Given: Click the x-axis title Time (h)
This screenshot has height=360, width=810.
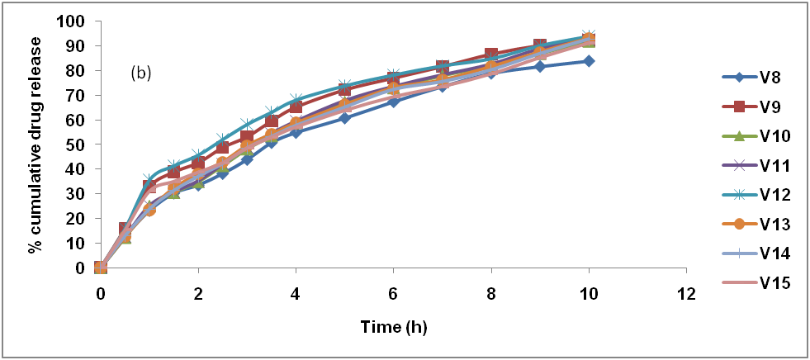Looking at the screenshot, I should click(393, 327).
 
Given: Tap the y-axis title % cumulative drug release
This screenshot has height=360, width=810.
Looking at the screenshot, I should click(36, 144).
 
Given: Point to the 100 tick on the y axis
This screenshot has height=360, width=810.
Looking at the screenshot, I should click(72, 21).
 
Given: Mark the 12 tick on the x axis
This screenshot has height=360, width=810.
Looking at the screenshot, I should click(684, 293).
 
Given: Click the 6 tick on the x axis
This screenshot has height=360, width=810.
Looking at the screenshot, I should click(393, 293).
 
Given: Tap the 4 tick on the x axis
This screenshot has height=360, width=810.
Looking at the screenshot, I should click(296, 293).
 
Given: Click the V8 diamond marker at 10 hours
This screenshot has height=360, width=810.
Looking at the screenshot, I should click(588, 61).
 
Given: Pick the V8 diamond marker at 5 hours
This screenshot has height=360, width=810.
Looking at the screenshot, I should click(344, 118).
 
